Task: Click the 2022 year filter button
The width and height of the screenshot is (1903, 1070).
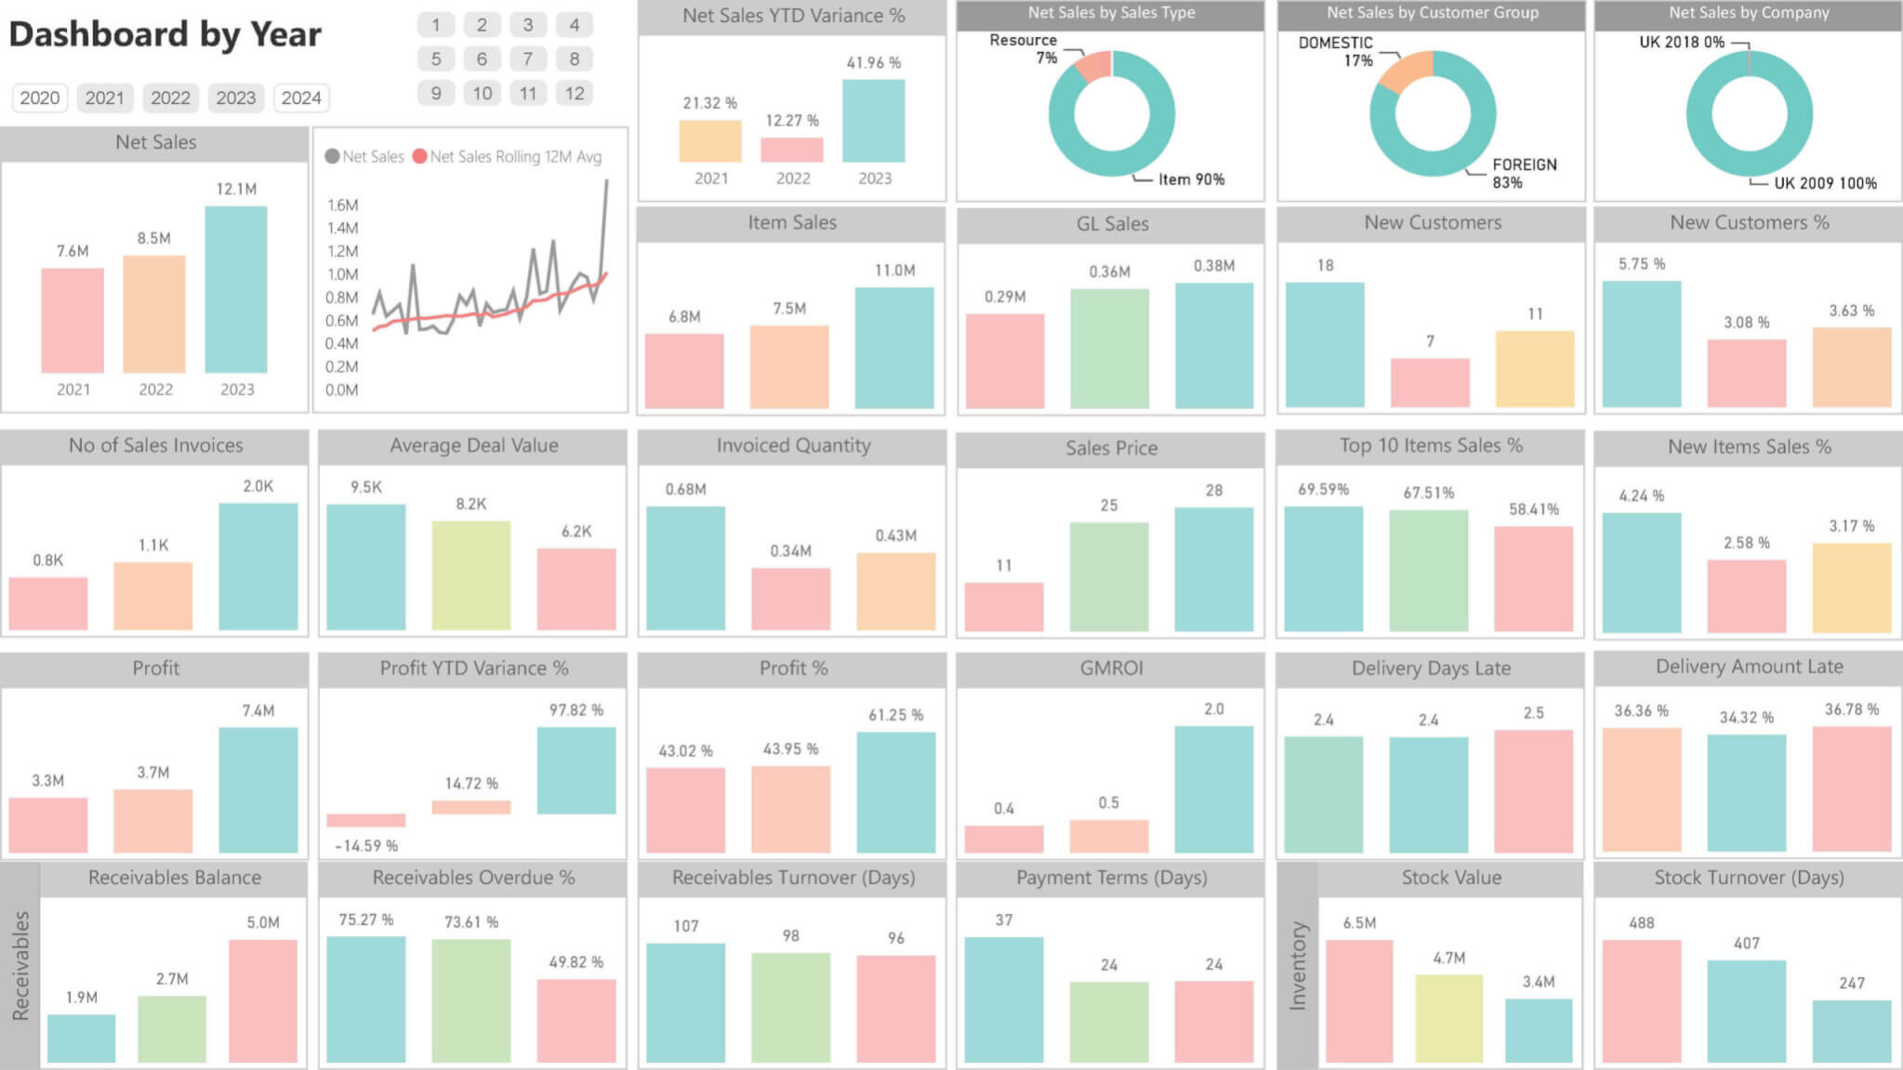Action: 170,98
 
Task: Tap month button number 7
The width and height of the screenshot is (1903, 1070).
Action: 527,59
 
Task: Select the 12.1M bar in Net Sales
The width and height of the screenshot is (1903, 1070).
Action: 236,289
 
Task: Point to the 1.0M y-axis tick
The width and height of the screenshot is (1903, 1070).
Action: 342,274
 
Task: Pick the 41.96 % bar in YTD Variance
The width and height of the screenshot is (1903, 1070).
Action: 873,121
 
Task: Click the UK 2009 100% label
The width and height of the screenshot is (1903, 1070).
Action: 1824,183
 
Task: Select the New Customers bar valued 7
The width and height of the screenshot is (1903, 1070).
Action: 1430,382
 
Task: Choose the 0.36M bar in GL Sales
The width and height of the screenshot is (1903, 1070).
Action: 1109,348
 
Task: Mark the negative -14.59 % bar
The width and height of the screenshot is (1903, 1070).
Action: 365,820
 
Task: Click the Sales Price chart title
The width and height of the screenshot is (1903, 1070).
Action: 1111,448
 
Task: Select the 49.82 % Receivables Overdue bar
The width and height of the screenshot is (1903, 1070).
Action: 575,1020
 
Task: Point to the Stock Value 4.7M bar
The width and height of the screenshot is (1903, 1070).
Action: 1448,1018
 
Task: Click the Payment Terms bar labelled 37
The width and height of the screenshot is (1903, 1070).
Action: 1003,999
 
